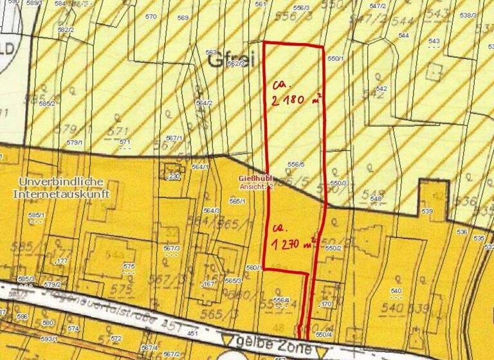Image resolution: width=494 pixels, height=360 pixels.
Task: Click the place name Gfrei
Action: tap(232, 60)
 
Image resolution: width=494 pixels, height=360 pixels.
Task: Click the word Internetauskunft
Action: tap(61, 193)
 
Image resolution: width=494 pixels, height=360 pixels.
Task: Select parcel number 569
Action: tap(183, 17)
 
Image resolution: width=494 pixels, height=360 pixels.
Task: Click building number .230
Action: tap(173, 176)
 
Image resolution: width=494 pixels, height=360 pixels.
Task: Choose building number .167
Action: tap(208, 284)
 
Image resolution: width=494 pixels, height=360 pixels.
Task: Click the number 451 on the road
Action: tap(192, 334)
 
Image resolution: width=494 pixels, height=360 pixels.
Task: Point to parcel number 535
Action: tap(478, 238)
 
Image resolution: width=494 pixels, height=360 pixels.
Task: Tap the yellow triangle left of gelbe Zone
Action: tap(226, 339)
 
